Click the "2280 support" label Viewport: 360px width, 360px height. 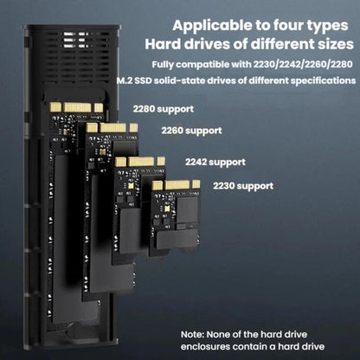pyautogui.click(x=164, y=109)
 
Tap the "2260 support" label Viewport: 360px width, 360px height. pyautogui.click(x=191, y=131)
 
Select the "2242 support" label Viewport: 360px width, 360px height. pyautogui.click(x=215, y=162)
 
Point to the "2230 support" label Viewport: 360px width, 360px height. pyautogui.click(x=243, y=186)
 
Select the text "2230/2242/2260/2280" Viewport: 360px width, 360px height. pyautogui.click(x=303, y=64)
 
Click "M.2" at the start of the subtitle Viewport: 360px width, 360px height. pyautogui.click(x=125, y=80)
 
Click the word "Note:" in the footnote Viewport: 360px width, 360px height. pyautogui.click(x=192, y=335)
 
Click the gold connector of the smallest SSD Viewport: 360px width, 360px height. pyautogui.click(x=176, y=184)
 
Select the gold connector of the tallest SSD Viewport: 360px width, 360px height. pyautogui.click(x=76, y=107)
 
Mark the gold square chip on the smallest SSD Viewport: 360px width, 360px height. pyautogui.click(x=166, y=209)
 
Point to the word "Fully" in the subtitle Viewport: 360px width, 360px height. pyautogui.click(x=163, y=65)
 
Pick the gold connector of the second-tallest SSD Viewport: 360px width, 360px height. pyautogui.click(x=112, y=128)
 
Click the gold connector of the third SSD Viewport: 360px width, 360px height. pyautogui.click(x=140, y=162)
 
